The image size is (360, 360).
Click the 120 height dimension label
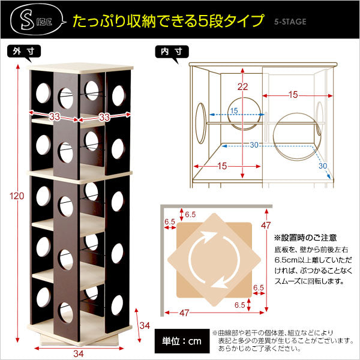[17, 196]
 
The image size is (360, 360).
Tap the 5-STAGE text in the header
[290, 22]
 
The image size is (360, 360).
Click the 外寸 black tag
[23, 52]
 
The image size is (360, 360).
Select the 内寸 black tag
[172, 52]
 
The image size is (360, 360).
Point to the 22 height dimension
[242, 87]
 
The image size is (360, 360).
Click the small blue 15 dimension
[234, 110]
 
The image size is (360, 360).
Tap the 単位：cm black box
[182, 341]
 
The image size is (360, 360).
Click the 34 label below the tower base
[79, 353]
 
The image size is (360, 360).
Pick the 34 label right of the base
[145, 326]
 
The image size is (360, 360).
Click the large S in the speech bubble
[27, 20]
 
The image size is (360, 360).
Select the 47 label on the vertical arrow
[266, 226]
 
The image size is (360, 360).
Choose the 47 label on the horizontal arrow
[184, 313]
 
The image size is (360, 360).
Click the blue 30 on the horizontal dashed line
[254, 145]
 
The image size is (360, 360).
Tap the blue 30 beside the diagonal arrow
[323, 166]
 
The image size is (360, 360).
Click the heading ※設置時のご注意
[305, 238]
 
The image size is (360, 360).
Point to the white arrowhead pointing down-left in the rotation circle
[217, 284]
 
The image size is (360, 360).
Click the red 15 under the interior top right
[293, 95]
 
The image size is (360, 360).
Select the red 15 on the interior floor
[222, 166]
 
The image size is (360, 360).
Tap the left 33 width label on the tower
[55, 116]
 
